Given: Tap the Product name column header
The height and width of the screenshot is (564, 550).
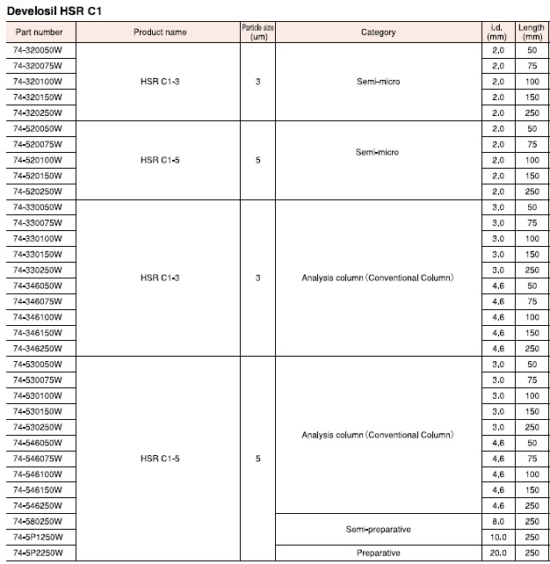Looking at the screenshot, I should (x=160, y=33).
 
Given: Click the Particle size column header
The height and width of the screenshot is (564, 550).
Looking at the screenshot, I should (x=258, y=33).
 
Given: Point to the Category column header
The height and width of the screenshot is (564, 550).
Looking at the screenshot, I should (x=378, y=33).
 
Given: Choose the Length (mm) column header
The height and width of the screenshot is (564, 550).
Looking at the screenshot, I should (x=532, y=33).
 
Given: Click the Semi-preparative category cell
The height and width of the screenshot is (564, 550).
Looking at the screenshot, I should (x=378, y=529).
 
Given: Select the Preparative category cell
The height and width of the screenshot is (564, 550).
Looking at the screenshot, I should (x=378, y=553).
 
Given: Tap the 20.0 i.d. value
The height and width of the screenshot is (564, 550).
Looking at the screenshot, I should (x=497, y=553).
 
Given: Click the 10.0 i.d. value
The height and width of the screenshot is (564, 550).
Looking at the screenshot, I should (x=497, y=537).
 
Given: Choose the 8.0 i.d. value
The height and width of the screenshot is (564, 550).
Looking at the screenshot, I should (x=497, y=521).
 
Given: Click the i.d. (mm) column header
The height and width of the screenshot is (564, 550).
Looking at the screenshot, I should (x=497, y=33).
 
